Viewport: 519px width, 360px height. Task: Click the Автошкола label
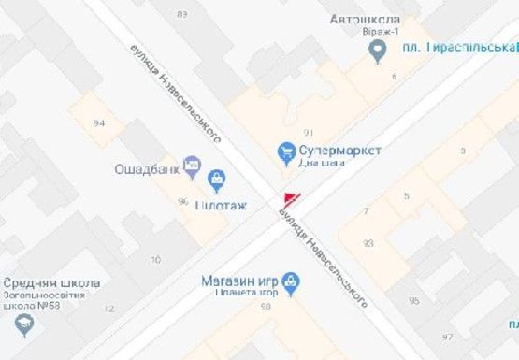[378, 20]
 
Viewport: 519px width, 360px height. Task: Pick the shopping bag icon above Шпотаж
[217, 178]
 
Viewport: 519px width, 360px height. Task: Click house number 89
[181, 13]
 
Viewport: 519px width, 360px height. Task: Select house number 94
[100, 123]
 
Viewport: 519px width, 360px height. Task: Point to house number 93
[368, 243]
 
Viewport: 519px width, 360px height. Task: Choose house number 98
[266, 306]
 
